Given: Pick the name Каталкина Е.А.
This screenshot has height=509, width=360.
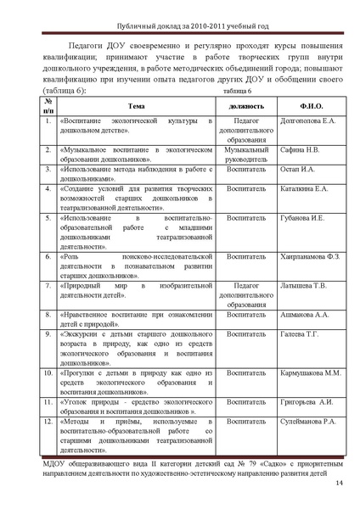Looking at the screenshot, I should pos(304,187).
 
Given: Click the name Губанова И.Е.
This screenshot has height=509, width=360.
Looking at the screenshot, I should pos(302,218).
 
